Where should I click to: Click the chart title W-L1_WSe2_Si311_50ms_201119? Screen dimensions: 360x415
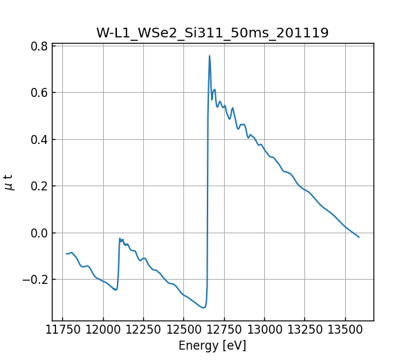click(x=212, y=33)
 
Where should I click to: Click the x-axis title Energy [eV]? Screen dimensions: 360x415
click(x=212, y=345)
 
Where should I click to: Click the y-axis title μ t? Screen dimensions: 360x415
click(x=9, y=182)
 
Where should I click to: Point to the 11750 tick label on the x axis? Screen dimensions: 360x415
click(x=63, y=330)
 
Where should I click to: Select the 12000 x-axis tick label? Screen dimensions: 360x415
click(x=103, y=330)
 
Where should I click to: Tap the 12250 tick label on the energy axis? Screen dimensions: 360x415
click(x=144, y=330)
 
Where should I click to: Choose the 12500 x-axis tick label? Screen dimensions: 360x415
click(x=184, y=330)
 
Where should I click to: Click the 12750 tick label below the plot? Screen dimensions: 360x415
click(x=225, y=330)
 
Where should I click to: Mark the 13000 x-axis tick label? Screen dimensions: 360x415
click(x=265, y=330)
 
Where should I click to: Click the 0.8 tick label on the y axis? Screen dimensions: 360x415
click(x=39, y=46)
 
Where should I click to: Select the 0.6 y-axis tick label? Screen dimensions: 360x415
click(x=39, y=93)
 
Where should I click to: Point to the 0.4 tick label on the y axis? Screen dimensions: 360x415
click(x=39, y=140)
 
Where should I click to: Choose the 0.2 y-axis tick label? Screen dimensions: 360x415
click(x=39, y=186)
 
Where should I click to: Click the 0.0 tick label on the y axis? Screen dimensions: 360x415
click(x=39, y=233)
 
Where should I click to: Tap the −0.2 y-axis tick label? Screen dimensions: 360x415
click(x=36, y=280)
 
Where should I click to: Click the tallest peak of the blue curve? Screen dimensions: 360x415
click(x=210, y=56)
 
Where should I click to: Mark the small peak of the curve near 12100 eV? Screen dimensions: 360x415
click(x=120, y=239)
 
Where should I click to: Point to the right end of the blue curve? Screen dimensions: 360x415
click(x=359, y=237)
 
